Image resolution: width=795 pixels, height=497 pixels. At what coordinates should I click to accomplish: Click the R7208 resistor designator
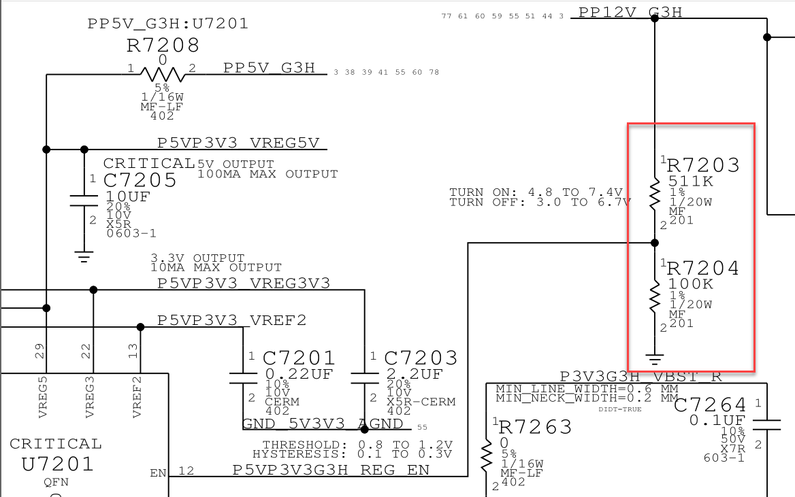point(163,46)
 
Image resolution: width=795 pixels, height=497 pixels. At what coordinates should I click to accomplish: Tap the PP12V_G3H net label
point(630,12)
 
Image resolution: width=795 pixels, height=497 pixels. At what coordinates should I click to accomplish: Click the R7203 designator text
point(703,165)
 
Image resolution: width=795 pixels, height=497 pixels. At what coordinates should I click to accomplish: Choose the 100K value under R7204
point(690,284)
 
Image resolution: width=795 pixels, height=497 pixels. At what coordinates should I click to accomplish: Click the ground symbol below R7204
point(655,358)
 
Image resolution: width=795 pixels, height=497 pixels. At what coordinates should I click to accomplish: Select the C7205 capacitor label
point(140,180)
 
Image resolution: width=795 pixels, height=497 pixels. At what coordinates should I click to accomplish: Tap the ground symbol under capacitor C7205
point(84,256)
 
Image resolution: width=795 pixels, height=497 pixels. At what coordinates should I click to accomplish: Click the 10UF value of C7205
point(128,196)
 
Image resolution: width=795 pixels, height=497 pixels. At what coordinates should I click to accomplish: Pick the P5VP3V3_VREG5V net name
point(238,143)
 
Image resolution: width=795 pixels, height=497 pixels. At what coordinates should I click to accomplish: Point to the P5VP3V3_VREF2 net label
point(231,320)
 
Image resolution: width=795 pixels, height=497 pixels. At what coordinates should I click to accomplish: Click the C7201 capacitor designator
point(299,358)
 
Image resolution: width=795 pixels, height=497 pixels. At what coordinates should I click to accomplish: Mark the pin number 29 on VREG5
point(39,352)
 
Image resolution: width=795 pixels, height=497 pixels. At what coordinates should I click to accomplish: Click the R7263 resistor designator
point(536,427)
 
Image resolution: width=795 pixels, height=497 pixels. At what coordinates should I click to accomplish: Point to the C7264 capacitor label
point(710,405)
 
